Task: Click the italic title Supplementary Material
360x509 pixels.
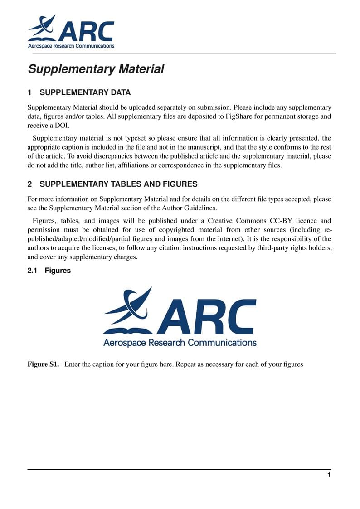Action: pyautogui.click(x=96, y=69)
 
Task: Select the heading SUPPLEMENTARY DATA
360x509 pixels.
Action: pyautogui.click(x=85, y=93)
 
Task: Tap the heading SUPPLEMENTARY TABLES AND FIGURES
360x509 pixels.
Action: pyautogui.click(x=118, y=184)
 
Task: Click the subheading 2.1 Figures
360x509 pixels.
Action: pyautogui.click(x=49, y=271)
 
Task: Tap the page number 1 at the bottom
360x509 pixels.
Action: pyautogui.click(x=329, y=475)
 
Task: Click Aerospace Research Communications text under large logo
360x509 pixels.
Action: pyautogui.click(x=180, y=343)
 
